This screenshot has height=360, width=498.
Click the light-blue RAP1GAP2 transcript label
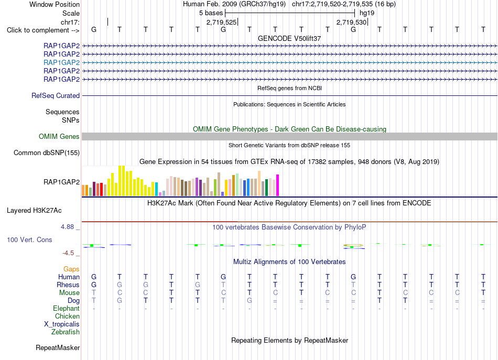pos(62,62)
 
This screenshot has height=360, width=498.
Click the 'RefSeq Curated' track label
pos(56,95)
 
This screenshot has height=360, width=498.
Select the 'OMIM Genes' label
pos(59,137)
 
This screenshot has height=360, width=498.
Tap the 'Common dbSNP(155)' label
pos(47,152)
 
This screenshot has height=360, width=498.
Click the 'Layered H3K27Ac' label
pos(34,211)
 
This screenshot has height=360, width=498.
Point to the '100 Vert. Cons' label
pos(29,239)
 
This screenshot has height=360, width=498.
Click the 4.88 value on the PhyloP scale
pos(67,227)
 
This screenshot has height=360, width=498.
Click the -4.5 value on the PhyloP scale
pos(68,253)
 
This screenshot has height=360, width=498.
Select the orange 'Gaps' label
pos(71,269)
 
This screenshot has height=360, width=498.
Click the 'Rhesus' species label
pos(68,285)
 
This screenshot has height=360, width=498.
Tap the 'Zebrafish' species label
pos(66,332)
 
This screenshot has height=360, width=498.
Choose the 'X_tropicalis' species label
pos(62,324)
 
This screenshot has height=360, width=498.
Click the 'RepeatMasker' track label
pos(58,347)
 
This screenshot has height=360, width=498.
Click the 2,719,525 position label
pos(221,22)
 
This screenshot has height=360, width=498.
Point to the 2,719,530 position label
pos(352,22)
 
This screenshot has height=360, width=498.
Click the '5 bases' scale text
pos(211,13)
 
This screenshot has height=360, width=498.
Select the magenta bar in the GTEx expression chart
pos(278,186)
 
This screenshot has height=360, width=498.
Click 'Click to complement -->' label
pos(43,30)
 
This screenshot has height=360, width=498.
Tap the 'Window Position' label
pos(55,4)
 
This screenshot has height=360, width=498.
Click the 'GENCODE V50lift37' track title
pos(289,38)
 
